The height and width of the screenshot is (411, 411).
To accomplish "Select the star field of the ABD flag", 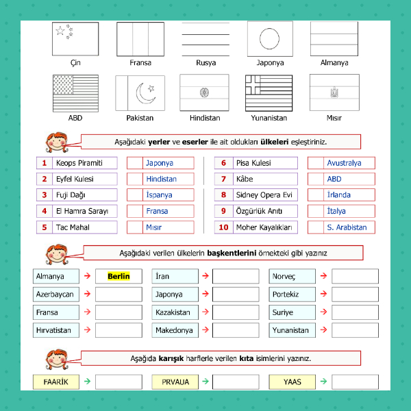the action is point(63,85).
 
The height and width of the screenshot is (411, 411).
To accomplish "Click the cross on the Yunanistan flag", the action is point(253,85).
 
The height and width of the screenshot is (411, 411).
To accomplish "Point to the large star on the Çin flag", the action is point(60,31).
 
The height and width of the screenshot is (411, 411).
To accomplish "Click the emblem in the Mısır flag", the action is point(334,92).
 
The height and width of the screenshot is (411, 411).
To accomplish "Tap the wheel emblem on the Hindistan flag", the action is point(204,92).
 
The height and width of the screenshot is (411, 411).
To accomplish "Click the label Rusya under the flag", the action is point(206,63).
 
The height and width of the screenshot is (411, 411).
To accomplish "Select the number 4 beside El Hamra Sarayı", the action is point(45,211).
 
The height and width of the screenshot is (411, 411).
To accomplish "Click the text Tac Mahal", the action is point(73,227).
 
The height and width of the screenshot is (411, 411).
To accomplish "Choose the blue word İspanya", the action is point(159,195).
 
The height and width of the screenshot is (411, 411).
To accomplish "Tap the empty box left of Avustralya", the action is point(316,163).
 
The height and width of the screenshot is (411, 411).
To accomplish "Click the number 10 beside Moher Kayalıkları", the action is point(223,227).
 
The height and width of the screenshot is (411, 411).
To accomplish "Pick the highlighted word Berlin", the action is point(119,276).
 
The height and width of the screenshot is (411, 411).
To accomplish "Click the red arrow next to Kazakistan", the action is point(206,312).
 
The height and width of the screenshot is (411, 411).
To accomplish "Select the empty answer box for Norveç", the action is point(355,276).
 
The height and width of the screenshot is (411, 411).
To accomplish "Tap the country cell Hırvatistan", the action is point(56,330).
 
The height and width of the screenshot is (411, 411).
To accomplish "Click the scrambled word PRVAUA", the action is point(175,382).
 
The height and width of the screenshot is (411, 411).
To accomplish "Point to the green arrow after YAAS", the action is point(324,382).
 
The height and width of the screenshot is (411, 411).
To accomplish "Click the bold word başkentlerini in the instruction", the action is point(232,253).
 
